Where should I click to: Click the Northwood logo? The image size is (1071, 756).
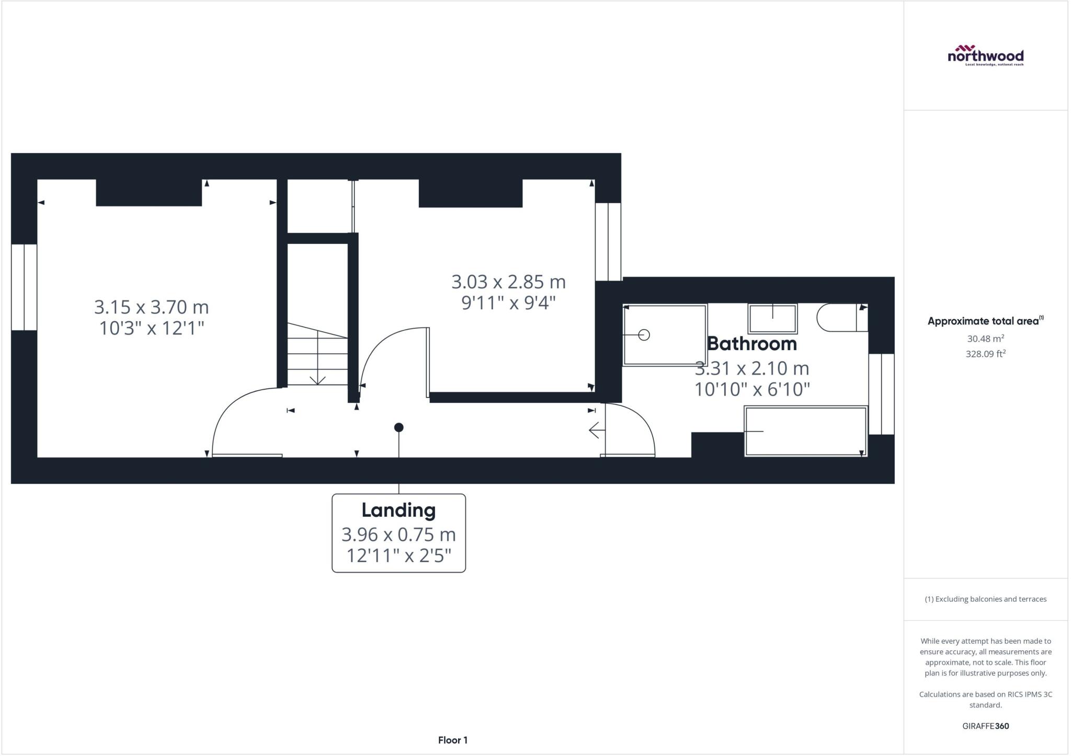tap(985, 55)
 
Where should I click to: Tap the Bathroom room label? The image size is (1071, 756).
tap(752, 344)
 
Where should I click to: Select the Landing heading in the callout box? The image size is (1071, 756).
tap(398, 510)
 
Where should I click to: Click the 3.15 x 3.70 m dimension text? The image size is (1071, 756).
tap(151, 307)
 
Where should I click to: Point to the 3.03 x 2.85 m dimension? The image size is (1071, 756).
tap(508, 282)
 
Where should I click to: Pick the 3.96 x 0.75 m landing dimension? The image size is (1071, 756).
tap(398, 534)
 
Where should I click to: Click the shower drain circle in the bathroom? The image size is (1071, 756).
tap(644, 335)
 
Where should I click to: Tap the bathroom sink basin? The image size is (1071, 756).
tap(773, 319)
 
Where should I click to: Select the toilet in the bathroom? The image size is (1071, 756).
tap(842, 318)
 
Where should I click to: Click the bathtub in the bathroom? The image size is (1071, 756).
tap(806, 432)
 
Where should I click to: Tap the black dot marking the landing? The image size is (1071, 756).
tap(398, 427)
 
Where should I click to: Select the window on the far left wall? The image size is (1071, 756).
tap(24, 287)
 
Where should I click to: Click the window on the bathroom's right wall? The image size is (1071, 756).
tap(882, 394)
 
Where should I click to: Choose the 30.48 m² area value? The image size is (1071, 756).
tap(985, 339)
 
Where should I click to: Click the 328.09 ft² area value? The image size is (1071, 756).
tap(986, 354)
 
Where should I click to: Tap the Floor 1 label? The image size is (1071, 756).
tap(453, 740)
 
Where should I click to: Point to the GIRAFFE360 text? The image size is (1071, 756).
tap(986, 726)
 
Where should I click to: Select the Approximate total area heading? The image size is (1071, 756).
tap(985, 321)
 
